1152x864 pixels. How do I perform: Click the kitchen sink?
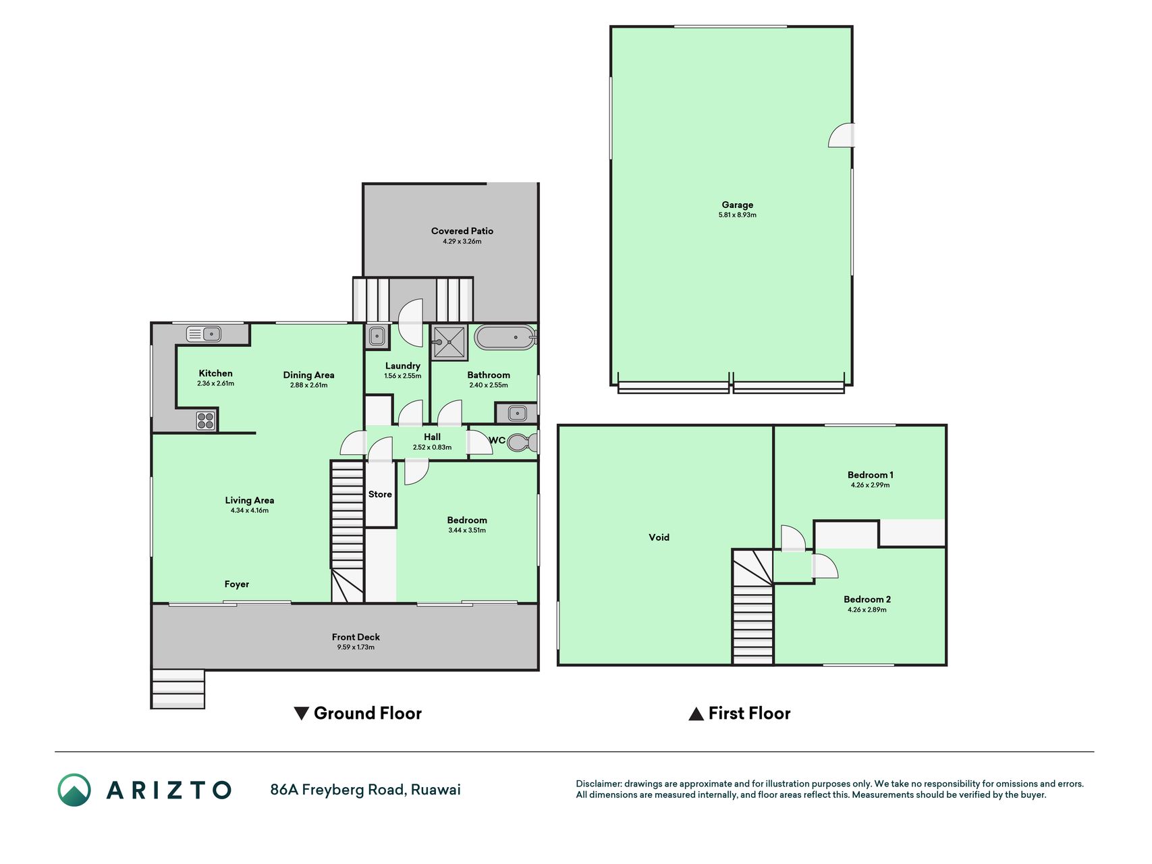point(204,333)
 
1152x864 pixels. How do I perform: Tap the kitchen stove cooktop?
point(206,421)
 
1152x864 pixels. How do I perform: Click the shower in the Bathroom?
point(449,342)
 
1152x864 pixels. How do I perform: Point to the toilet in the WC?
point(523,442)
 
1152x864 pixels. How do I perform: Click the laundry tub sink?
point(377,335)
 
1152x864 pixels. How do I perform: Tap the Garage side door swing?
point(842,135)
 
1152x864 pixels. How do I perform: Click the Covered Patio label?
point(462,231)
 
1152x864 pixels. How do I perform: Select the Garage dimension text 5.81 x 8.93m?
point(738,215)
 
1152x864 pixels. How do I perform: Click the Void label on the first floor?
point(659,537)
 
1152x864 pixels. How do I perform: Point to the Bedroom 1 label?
point(871,475)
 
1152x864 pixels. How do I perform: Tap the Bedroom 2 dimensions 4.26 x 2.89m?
point(867,610)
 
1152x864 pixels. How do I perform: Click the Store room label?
point(380,494)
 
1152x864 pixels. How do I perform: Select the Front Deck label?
point(356,637)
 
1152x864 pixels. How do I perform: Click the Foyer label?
point(237,584)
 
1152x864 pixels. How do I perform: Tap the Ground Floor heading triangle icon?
point(302,713)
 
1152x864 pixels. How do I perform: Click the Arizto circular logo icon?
point(74,790)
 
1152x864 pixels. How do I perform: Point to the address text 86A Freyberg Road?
point(337,790)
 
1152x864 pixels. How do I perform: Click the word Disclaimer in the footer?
point(598,784)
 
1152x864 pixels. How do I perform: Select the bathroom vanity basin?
point(517,412)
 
